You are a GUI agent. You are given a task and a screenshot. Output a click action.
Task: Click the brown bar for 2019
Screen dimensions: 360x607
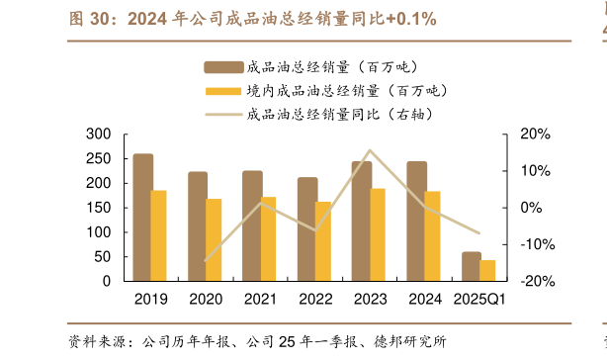tap(142, 218)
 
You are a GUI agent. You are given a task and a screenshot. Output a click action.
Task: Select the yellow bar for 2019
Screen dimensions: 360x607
tap(158, 235)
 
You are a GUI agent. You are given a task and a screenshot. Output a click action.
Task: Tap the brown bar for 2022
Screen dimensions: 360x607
tap(307, 229)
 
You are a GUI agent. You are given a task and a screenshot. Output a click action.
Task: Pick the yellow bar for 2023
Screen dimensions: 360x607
tap(378, 234)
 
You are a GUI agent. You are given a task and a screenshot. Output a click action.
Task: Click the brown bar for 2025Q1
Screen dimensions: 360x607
tap(472, 266)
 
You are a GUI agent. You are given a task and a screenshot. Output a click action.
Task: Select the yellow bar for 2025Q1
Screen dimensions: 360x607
tap(487, 270)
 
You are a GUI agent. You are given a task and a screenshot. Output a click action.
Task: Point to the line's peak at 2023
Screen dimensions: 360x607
tap(370, 151)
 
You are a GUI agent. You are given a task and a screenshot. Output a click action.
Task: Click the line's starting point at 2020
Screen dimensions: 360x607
tap(206, 261)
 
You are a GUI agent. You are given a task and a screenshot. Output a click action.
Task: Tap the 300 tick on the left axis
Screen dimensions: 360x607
tap(99, 135)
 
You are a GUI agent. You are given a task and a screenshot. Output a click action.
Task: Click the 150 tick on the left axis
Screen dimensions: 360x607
tap(99, 208)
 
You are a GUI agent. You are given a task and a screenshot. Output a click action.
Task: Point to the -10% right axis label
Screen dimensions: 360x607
tap(528, 244)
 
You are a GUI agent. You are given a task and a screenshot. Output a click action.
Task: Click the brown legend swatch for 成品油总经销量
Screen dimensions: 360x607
tap(222, 67)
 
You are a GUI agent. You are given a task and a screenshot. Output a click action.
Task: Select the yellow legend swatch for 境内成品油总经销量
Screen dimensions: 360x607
tap(222, 91)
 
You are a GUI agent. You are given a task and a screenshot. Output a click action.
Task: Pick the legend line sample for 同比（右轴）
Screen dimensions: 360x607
tap(222, 114)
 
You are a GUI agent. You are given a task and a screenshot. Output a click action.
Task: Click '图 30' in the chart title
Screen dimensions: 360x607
tap(87, 19)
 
